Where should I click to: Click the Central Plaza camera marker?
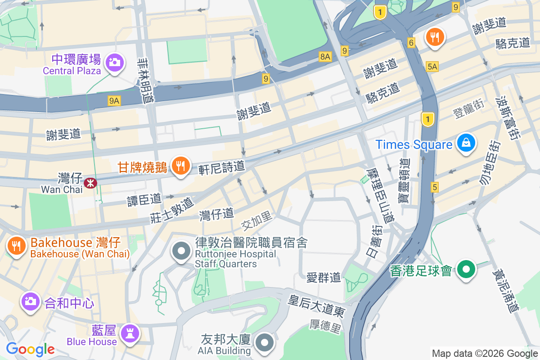(115, 62)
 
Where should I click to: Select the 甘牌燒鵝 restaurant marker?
(180, 166)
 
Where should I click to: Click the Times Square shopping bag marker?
(467, 143)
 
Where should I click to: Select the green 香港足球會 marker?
(467, 270)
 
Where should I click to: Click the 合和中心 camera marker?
(31, 301)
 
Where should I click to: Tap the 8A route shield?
(325, 56)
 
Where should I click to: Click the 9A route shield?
(114, 101)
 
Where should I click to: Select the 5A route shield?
(432, 67)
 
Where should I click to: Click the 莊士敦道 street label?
(172, 210)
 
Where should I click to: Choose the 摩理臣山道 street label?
(381, 196)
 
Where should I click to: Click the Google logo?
(30, 349)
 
